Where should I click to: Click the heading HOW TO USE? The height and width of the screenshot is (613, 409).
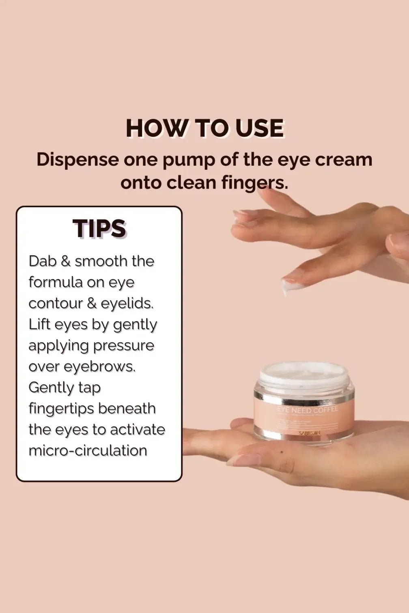coord(204,129)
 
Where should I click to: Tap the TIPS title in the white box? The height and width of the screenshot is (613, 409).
coord(99,229)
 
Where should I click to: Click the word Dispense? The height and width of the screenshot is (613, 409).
coord(77,160)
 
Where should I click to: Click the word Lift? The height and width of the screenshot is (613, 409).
coord(39,325)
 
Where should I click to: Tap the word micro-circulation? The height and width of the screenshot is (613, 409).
coord(88,451)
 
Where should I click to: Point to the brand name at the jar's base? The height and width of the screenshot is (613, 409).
coord(309,433)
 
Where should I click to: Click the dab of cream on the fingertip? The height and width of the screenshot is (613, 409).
coord(291,288)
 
